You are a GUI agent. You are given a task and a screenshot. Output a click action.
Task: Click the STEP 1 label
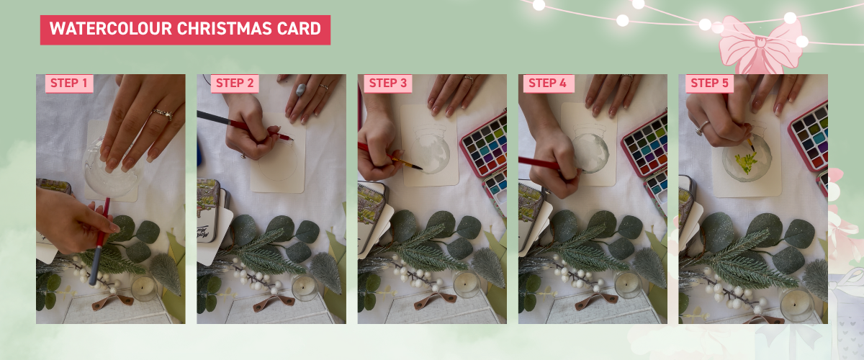(x=68, y=84)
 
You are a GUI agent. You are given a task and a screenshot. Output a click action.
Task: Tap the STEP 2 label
(x=235, y=84)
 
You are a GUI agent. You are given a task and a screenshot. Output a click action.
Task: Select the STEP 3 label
(x=387, y=84)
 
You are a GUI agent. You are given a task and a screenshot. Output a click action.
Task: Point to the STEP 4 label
(x=548, y=84)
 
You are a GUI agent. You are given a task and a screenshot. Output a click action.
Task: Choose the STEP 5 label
(x=709, y=84)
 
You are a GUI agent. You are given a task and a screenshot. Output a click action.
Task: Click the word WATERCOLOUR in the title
(x=111, y=29)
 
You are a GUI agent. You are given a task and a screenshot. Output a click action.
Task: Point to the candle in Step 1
(x=143, y=288)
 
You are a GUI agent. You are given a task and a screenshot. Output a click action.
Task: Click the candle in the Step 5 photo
(x=797, y=305)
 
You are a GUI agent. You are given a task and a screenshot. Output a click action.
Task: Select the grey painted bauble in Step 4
(x=590, y=153)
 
